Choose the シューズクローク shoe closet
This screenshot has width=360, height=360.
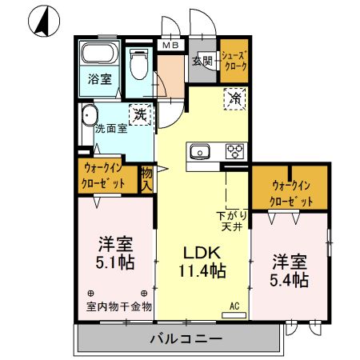coord(234,60)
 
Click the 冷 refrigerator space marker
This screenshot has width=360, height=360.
coord(235,99)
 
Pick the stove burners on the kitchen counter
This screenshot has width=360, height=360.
coord(235,151)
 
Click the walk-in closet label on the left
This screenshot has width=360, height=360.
coord(106,175)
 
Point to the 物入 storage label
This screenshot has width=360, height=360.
coord(147,178)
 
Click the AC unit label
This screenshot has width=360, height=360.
coord(234,306)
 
